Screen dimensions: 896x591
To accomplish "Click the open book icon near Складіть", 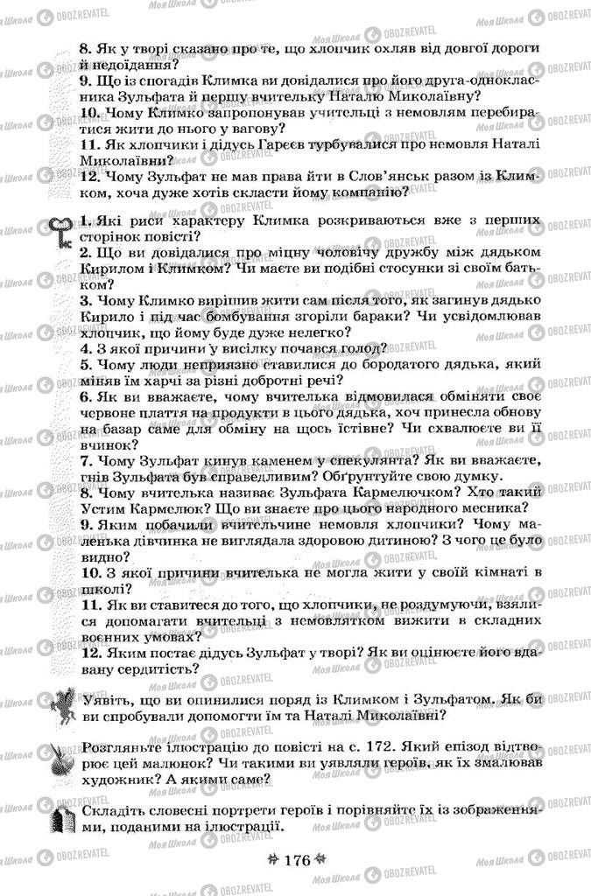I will click(x=61, y=822).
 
